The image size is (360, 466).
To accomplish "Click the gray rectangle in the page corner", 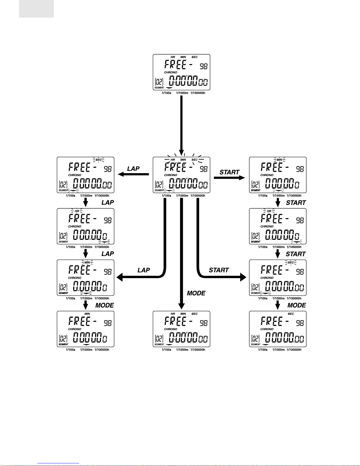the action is (36, 9).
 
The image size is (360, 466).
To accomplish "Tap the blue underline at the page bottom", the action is (58, 463).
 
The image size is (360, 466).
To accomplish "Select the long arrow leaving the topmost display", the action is (182, 126).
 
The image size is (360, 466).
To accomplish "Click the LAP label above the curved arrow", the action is (144, 270).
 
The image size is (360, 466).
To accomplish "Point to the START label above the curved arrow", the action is (219, 270).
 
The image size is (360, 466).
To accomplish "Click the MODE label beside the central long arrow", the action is (196, 293).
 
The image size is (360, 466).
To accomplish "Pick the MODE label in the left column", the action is (105, 305).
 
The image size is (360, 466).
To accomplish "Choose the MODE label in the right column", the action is (297, 305).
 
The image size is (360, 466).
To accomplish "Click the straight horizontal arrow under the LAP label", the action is (133, 174).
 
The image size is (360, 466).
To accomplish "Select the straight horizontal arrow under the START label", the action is (230, 178).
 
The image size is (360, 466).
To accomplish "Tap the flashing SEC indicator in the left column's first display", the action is (98, 160).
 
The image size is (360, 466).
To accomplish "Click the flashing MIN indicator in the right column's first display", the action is (279, 160).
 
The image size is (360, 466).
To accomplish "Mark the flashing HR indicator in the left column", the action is (77, 211).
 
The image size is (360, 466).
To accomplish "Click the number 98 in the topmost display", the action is (204, 66).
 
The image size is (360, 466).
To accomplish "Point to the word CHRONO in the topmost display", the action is (170, 73).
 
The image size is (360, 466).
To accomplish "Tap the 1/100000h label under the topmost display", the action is (198, 93).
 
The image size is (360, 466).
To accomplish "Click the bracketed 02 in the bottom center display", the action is (159, 339).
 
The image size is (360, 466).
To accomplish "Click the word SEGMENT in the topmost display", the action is (159, 88).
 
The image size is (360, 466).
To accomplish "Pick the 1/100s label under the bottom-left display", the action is (71, 350).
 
